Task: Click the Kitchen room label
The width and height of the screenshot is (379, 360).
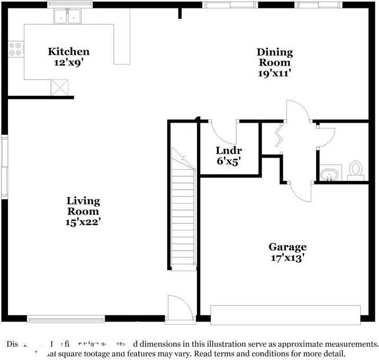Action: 69,51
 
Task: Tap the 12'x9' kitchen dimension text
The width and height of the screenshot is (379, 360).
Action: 69,62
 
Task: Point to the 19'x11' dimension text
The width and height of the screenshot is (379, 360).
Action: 275,73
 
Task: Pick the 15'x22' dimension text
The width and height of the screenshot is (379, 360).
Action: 83,222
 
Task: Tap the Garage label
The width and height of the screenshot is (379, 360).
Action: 287,247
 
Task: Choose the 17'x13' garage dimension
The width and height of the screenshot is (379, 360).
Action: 287,258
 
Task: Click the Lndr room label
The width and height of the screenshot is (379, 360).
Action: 229,150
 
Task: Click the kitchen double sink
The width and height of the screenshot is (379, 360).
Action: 68,17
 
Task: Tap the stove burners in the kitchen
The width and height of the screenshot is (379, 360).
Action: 15,49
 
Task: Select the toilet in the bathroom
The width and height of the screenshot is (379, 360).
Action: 356,169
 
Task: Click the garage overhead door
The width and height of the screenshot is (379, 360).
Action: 285,315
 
